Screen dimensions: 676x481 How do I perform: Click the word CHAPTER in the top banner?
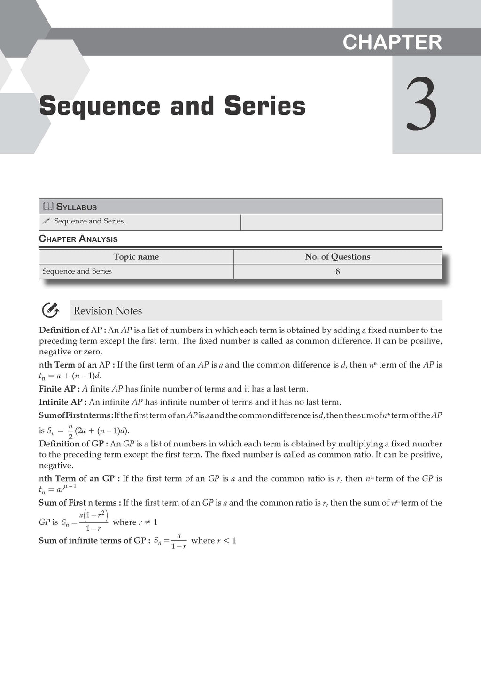pyautogui.click(x=392, y=42)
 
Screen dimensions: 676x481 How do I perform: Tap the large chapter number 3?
pyautogui.click(x=421, y=106)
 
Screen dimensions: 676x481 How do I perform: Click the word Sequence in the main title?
pyautogui.click(x=100, y=106)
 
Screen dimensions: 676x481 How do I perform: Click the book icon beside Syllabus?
pyautogui.click(x=48, y=207)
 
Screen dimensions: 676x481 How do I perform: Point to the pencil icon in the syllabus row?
pyautogui.click(x=46, y=221)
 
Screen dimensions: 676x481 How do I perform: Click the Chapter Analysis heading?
pyautogui.click(x=78, y=239)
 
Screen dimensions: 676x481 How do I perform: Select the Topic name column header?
pyautogui.click(x=136, y=257)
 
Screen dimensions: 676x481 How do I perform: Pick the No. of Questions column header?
pyautogui.click(x=337, y=257)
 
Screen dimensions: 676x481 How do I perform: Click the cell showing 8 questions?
pyautogui.click(x=337, y=271)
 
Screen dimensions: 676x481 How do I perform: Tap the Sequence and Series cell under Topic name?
pyautogui.click(x=77, y=271)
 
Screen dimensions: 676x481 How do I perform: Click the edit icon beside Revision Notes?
pyautogui.click(x=50, y=310)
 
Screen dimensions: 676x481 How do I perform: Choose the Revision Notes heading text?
pyautogui.click(x=108, y=311)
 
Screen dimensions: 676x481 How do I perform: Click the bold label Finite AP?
pyautogui.click(x=58, y=389)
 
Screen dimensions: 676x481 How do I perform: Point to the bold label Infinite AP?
pyautogui.click(x=62, y=402)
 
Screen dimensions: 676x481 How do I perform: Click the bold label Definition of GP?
pyautogui.click(x=73, y=444)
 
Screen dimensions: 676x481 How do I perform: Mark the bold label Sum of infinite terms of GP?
pyautogui.click(x=94, y=540)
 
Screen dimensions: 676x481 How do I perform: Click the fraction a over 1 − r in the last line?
pyautogui.click(x=178, y=541)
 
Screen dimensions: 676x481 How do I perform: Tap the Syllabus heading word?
pyautogui.click(x=77, y=207)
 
